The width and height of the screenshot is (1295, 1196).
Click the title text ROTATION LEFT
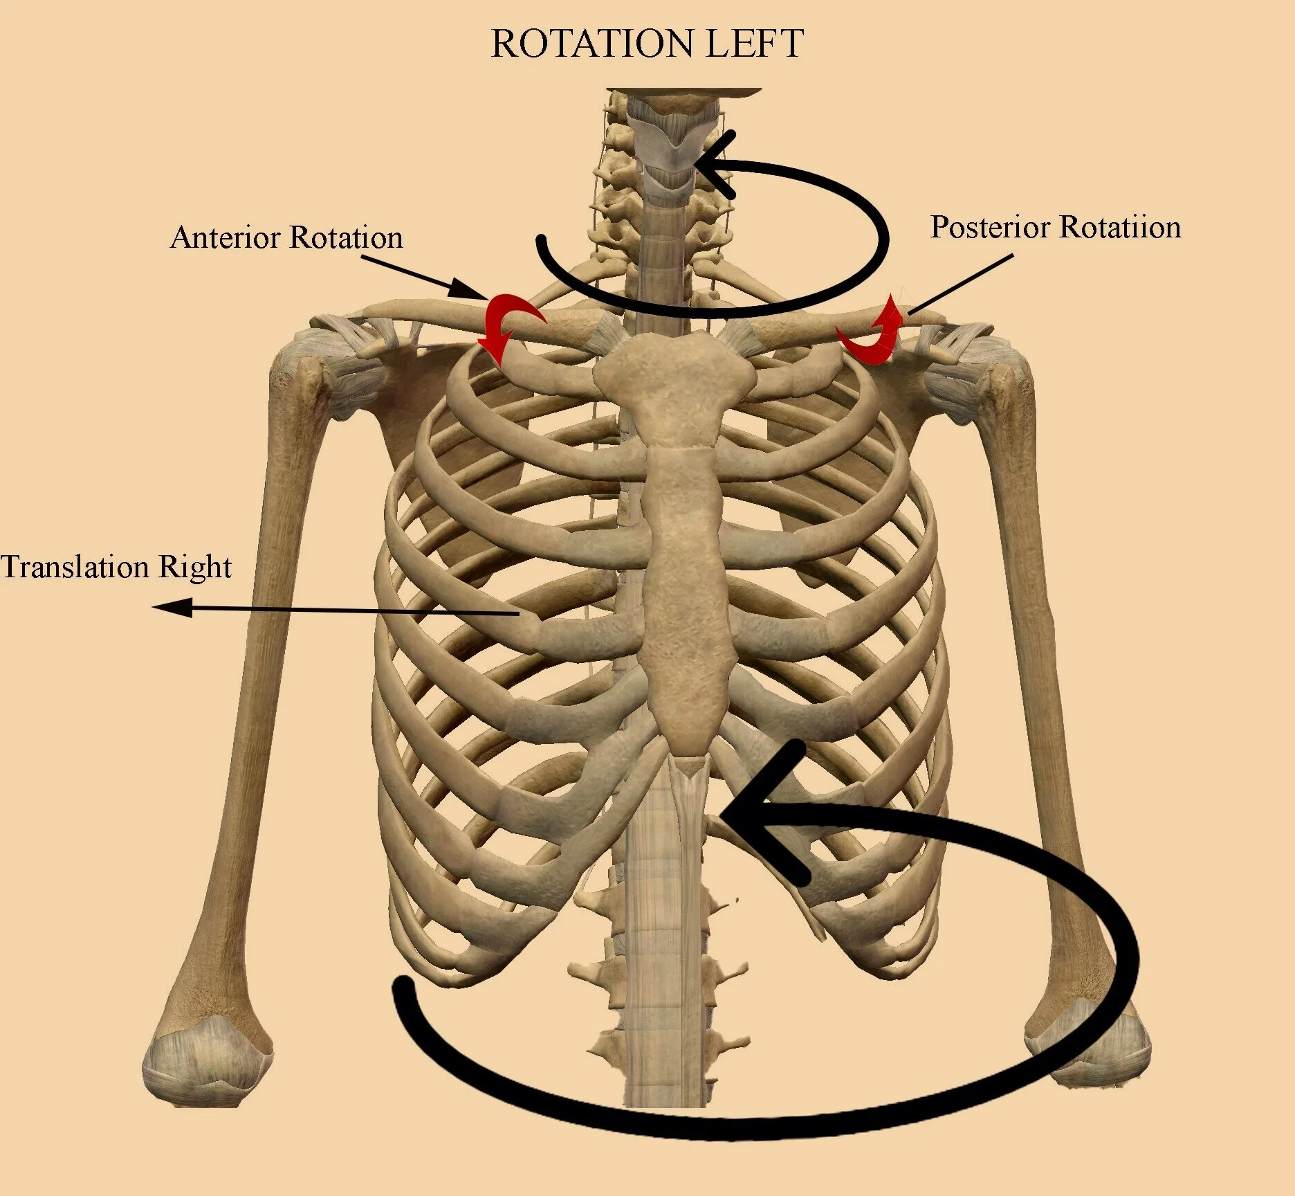pyautogui.click(x=647, y=43)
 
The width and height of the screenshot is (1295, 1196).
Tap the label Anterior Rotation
pyautogui.click(x=286, y=237)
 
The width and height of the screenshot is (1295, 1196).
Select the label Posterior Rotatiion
pyautogui.click(x=1056, y=227)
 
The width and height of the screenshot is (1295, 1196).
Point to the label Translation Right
pyautogui.click(x=116, y=566)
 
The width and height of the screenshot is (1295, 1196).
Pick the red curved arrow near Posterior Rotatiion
pyautogui.click(x=873, y=332)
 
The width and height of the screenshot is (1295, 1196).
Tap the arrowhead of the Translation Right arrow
pyautogui.click(x=169, y=608)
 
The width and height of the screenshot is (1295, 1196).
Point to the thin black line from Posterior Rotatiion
pyautogui.click(x=962, y=284)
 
